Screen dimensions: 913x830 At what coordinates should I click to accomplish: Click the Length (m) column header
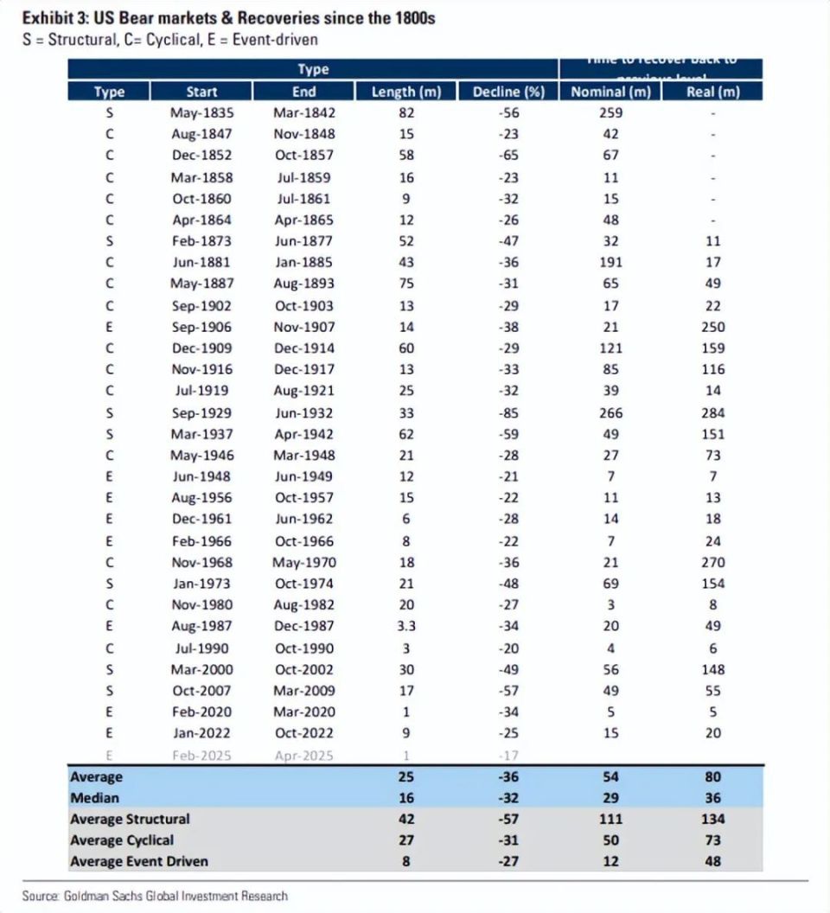tap(405, 92)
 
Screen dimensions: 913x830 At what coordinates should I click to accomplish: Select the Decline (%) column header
tap(509, 92)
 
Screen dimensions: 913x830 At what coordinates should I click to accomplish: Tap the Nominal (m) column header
tap(611, 92)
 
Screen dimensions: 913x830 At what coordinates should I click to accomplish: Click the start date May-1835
tap(202, 112)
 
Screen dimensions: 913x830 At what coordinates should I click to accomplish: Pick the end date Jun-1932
tap(303, 412)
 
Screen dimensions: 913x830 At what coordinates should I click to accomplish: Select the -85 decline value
tap(508, 412)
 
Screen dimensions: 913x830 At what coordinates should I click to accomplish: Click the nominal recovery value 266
tap(611, 412)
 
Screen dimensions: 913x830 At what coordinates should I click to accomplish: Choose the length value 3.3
tap(406, 626)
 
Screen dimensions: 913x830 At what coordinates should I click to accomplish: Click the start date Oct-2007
tap(202, 690)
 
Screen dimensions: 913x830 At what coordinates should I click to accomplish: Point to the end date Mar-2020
tap(303, 712)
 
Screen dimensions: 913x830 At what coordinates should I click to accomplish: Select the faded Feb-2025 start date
tap(202, 754)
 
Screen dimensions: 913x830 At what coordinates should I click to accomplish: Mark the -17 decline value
tap(508, 754)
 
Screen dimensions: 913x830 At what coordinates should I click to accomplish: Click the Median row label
tap(94, 797)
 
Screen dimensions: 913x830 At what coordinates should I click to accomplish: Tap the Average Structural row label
tap(130, 819)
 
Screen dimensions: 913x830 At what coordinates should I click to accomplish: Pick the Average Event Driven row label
tap(138, 861)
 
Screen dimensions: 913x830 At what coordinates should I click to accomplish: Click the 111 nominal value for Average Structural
tap(611, 819)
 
